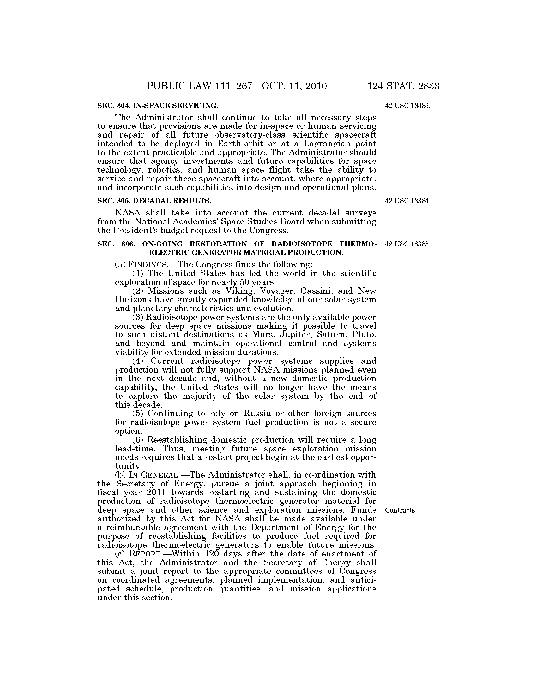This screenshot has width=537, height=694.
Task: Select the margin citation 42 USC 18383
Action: (x=407, y=105)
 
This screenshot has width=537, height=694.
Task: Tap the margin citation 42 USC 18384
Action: (x=407, y=201)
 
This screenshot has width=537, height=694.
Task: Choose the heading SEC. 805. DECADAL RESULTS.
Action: (x=154, y=201)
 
